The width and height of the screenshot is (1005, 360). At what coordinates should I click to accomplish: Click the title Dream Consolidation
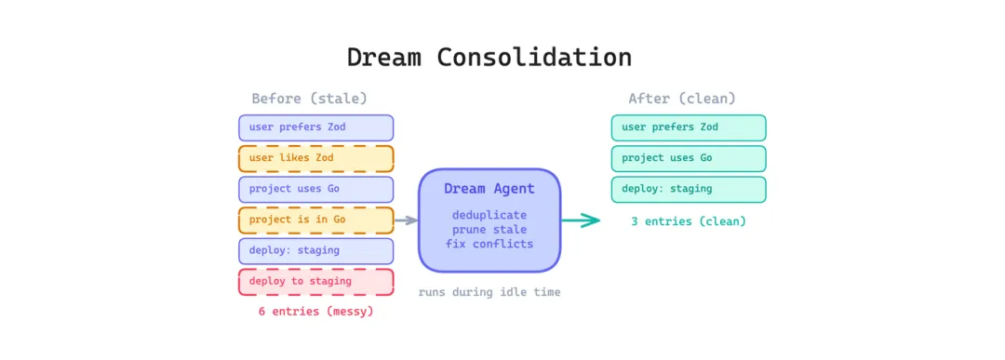[489, 57]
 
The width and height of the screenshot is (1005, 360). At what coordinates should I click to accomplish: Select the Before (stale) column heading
[310, 99]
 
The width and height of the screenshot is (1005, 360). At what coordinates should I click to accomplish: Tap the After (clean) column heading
[682, 99]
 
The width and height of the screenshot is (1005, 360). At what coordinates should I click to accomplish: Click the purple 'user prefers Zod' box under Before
[316, 127]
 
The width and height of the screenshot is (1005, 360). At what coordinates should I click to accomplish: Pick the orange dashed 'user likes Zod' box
[316, 158]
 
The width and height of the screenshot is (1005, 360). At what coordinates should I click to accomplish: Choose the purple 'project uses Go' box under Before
[316, 190]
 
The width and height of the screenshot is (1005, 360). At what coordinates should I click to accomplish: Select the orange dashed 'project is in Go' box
[316, 220]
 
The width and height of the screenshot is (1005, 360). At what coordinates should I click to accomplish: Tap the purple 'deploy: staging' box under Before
[316, 251]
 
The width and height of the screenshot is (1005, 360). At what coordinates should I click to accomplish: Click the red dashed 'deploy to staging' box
[316, 282]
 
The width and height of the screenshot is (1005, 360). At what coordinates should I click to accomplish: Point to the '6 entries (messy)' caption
[316, 312]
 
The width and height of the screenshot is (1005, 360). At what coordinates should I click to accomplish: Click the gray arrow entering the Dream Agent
[406, 220]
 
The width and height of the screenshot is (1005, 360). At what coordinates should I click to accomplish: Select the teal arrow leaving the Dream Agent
[581, 220]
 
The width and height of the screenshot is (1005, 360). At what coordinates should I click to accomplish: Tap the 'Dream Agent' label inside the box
[489, 190]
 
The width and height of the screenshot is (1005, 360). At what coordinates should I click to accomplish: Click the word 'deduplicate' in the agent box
[489, 215]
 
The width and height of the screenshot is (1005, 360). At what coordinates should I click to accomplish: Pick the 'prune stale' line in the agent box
[489, 230]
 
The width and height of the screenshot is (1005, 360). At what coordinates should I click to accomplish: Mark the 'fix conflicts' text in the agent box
[489, 244]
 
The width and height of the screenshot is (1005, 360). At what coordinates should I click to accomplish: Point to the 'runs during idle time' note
[489, 293]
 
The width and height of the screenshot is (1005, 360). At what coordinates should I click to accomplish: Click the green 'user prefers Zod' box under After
[689, 127]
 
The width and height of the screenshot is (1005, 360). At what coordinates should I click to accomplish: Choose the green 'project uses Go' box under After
[689, 158]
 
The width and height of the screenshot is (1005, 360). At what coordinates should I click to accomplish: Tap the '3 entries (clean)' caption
[689, 221]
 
